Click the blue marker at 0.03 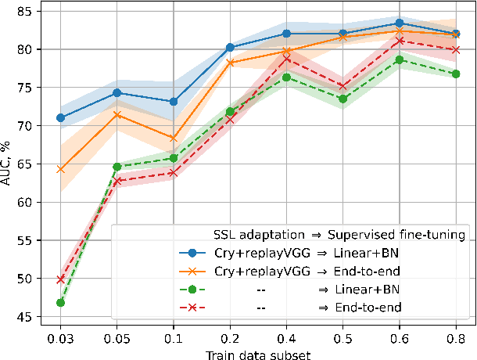click(61, 117)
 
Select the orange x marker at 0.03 click(61, 168)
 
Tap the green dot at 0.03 click(61, 302)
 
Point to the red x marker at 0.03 click(61, 279)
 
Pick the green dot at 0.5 click(343, 99)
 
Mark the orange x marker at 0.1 click(174, 138)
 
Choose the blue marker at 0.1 click(174, 101)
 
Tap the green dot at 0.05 click(117, 167)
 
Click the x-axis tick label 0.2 click(230, 338)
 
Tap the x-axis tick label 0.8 click(456, 338)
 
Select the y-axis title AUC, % click(8, 167)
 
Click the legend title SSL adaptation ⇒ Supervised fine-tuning click(340, 235)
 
